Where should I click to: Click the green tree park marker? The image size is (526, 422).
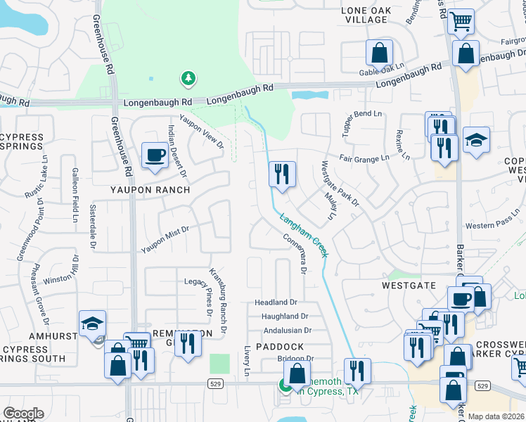click(188, 78)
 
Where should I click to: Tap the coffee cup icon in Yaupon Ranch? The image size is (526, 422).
click(154, 155)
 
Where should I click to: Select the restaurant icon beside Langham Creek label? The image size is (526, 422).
click(282, 174)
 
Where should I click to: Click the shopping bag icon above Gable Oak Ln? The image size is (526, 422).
click(379, 53)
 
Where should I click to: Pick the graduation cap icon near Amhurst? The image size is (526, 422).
click(92, 324)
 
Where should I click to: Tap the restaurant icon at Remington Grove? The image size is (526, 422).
click(187, 345)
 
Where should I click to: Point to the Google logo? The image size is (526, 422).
click(23, 413)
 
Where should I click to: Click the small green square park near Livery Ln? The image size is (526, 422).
click(219, 364)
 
